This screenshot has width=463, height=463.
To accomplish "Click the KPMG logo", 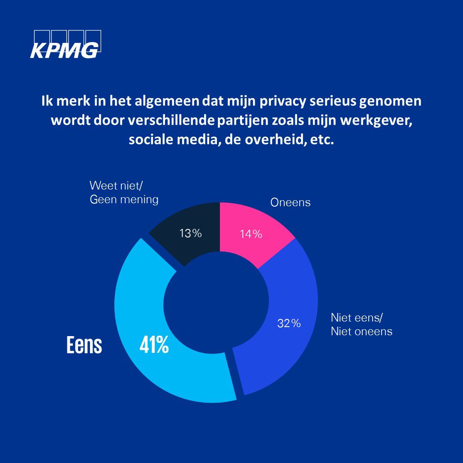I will (65, 44).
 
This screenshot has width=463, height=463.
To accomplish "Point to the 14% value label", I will (251, 234).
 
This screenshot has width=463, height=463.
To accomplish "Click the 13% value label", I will (190, 233).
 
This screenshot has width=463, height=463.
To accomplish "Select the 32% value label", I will (289, 323).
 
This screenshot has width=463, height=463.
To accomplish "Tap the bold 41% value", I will (154, 345).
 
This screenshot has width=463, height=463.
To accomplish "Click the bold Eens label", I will (84, 345).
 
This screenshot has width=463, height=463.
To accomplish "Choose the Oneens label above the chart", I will (290, 202).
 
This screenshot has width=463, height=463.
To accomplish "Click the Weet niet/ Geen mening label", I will (124, 192).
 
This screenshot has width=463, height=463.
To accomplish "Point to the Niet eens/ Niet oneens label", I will (361, 325).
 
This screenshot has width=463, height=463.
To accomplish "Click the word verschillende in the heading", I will (171, 120).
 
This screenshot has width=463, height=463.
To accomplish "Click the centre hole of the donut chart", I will (216, 302).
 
